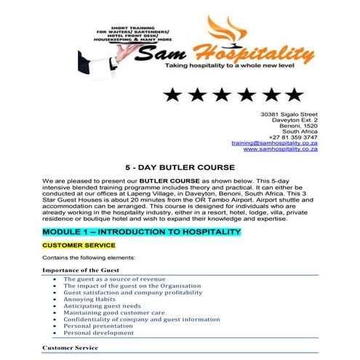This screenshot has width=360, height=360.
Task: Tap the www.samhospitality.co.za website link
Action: (x=280, y=150)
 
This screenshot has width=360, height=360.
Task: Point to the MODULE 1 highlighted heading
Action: (x=141, y=231)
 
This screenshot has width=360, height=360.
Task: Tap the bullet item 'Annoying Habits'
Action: (x=88, y=298)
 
